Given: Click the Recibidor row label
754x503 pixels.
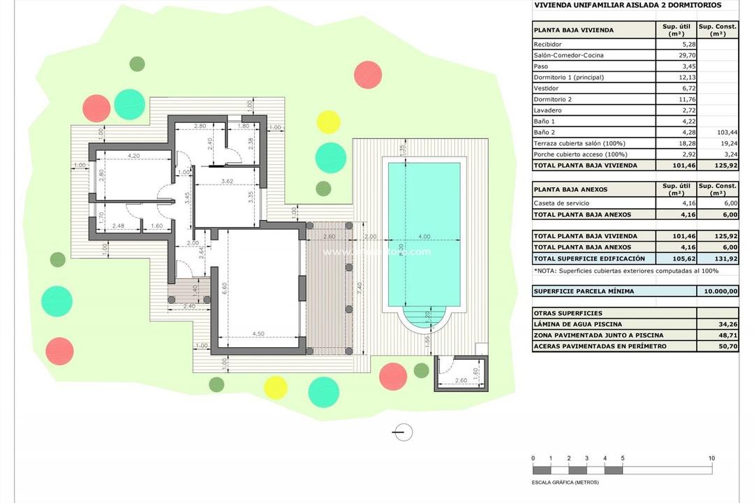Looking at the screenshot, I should [547, 44].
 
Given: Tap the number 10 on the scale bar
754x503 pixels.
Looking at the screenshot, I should [711, 458].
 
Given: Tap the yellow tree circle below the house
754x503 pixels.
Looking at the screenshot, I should [276, 387].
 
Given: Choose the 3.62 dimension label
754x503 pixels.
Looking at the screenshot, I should [226, 182].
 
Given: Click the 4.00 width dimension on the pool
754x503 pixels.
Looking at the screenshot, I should [424, 236].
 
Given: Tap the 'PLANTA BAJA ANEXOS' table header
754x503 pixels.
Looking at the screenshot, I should [570, 189].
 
